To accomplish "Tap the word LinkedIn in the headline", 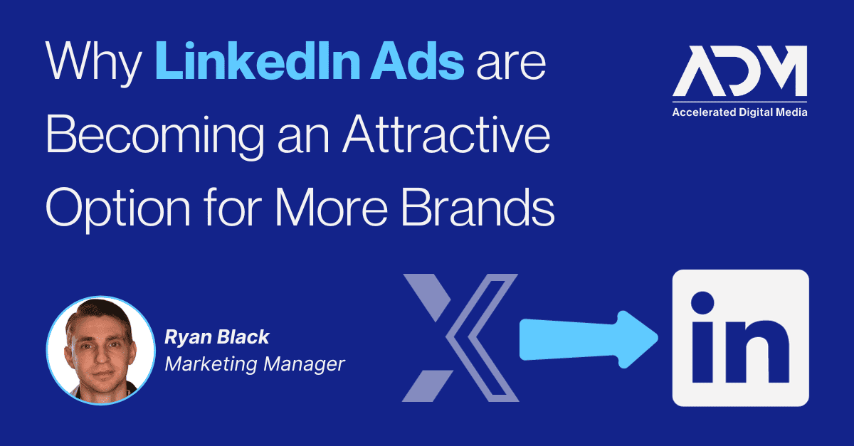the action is point(258,61).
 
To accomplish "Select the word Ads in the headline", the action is point(417,61).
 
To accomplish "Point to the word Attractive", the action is point(446,134).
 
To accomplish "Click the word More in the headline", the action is point(332,208).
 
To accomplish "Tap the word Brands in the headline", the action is point(478,208).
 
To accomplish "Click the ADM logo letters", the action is point(739,71).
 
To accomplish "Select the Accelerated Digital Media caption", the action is point(739,112).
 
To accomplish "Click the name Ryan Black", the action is point(216,337).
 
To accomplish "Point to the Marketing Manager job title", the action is point(255,364).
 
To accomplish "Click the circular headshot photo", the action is point(100,350).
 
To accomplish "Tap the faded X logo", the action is point(460,338).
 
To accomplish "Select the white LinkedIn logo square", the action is point(740,338).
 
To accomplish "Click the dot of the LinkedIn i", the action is point(702,303).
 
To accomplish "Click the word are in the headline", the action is point(511,65).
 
